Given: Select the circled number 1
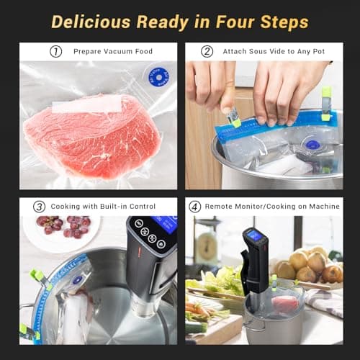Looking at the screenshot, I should [x=55, y=52].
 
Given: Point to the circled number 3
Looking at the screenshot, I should [x=40, y=207].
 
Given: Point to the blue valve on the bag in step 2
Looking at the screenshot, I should [x=312, y=145].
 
